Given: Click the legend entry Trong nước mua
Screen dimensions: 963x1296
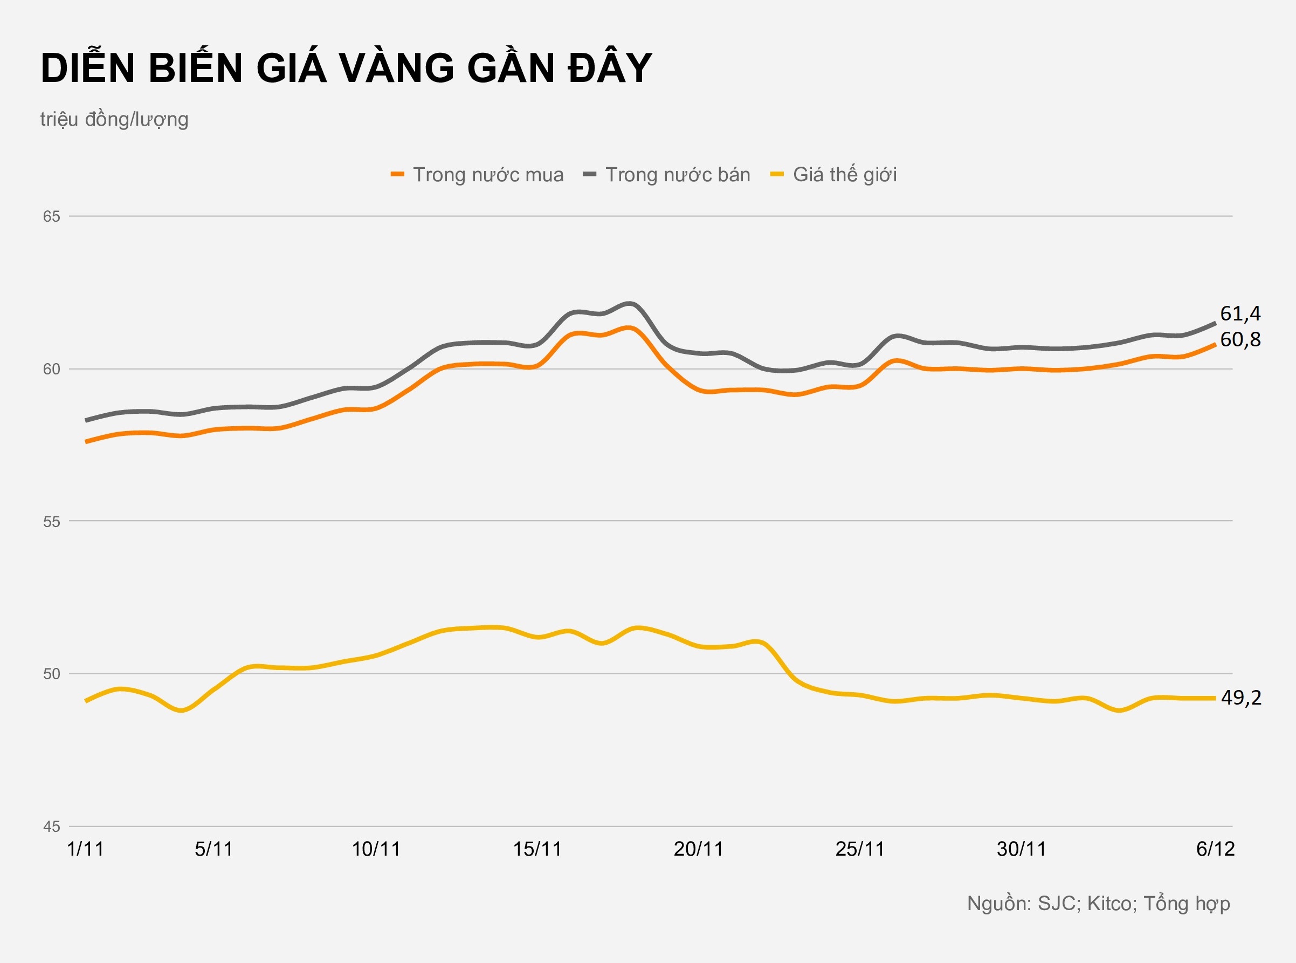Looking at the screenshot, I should [x=487, y=175].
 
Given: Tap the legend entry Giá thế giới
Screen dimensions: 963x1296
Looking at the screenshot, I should [x=844, y=175].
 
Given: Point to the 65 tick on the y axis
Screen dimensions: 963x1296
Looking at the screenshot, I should [x=51, y=216].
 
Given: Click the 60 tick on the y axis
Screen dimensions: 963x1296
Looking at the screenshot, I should [x=51, y=369].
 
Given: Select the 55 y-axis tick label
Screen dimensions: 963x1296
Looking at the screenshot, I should [x=51, y=522].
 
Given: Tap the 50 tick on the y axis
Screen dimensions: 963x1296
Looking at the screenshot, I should [x=51, y=674].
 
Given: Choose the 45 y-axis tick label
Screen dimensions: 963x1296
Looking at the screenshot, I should [x=51, y=827].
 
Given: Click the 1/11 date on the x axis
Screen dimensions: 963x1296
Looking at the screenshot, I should [x=86, y=849].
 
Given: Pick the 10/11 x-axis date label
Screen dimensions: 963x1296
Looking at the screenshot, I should [x=376, y=849].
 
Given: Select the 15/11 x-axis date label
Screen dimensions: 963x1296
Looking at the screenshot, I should [x=537, y=849].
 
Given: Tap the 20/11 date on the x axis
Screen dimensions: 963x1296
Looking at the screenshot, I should [x=698, y=849].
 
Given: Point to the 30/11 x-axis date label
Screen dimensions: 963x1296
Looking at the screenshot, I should [x=1021, y=849].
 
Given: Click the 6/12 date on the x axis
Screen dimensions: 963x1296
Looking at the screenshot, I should [x=1215, y=849].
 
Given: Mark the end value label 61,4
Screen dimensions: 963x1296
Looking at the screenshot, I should [x=1240, y=313].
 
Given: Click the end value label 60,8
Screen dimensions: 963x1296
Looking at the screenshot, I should [x=1240, y=339].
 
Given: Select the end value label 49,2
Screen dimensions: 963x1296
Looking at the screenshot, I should [x=1240, y=698].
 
